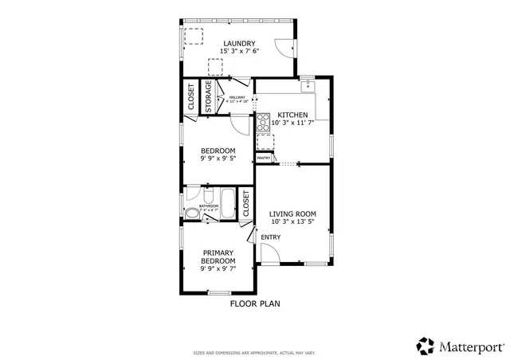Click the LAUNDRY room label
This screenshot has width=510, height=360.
(x=239, y=43)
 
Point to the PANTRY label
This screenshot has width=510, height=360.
(x=263, y=158)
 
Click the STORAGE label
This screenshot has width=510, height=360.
(x=209, y=97)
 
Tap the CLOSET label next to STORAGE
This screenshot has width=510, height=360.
(x=191, y=96)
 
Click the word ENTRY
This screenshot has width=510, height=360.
(x=270, y=237)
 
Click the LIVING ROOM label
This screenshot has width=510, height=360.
(x=292, y=213)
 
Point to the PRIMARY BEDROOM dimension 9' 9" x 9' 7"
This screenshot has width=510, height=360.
(x=218, y=269)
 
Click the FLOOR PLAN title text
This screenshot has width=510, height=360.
(x=255, y=303)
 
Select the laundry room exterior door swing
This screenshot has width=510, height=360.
(x=284, y=47)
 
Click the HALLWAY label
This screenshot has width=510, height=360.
(x=237, y=97)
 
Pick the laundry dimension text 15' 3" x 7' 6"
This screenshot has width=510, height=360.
(x=239, y=51)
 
